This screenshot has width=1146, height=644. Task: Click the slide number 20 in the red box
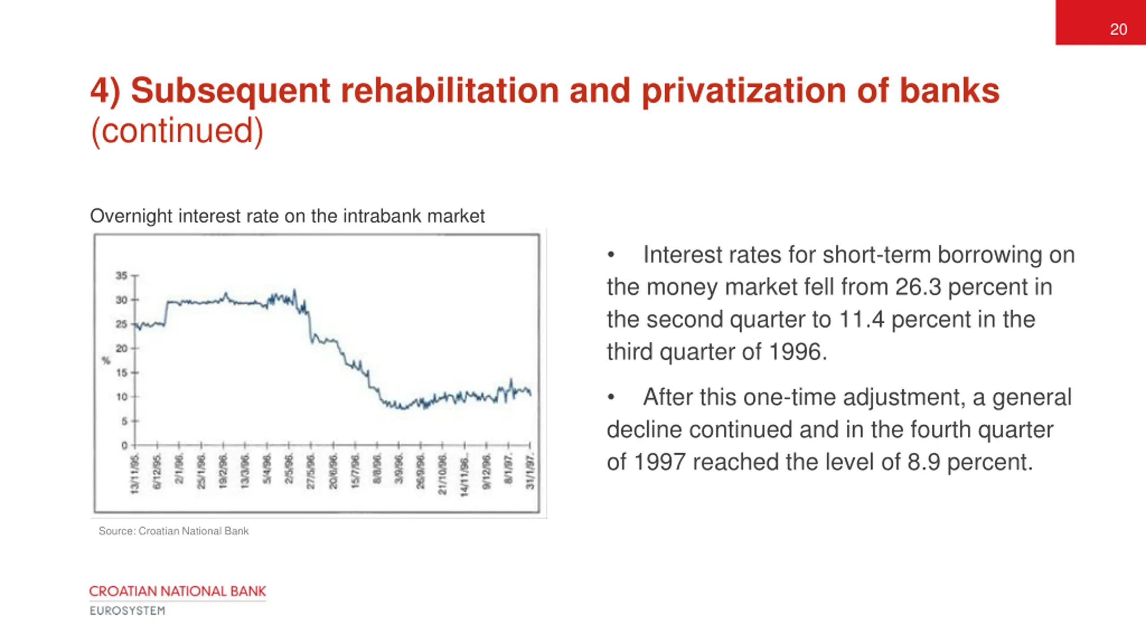point(1118,30)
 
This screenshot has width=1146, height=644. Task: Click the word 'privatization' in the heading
point(744,91)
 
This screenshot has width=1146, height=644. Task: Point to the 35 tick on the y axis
point(122,275)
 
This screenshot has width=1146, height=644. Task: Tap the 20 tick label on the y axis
point(122,348)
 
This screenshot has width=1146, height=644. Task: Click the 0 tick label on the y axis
point(124,445)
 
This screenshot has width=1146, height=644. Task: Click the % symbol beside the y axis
point(106,360)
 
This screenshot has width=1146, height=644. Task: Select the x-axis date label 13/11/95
point(134,475)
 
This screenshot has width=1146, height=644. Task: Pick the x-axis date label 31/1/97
point(530,472)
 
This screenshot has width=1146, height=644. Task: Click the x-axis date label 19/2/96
point(223,472)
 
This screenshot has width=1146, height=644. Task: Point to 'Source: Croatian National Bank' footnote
point(173,531)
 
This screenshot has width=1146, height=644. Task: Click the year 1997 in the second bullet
point(659,462)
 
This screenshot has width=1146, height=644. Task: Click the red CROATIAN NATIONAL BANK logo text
point(177,591)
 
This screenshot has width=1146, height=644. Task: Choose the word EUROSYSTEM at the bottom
point(128,611)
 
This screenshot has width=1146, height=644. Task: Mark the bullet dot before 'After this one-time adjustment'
point(611,397)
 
